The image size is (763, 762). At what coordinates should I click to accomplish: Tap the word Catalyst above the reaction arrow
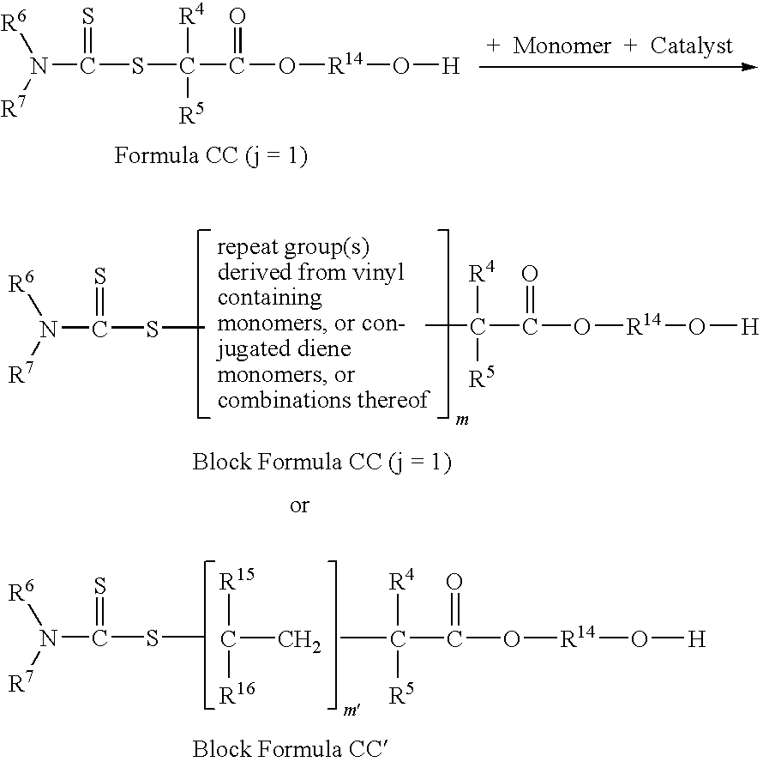click(x=691, y=46)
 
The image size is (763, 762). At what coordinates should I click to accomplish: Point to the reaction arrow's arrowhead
click(x=752, y=66)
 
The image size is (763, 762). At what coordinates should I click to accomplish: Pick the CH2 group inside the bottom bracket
click(x=300, y=640)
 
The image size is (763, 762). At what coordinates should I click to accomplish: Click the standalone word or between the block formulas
click(x=298, y=505)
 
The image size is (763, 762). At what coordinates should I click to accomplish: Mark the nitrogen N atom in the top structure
click(x=38, y=66)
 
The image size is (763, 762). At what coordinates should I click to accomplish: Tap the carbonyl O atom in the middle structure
click(x=530, y=274)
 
